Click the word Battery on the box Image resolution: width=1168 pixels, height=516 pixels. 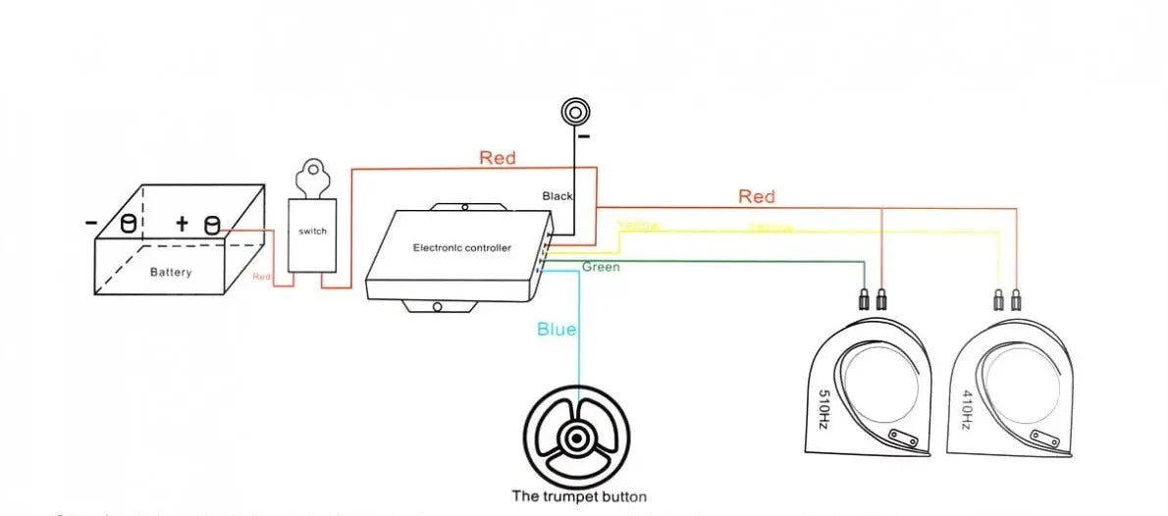tap(171, 272)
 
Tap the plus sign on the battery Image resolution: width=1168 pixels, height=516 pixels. tap(182, 224)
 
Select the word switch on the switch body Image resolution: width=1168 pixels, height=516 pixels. tap(311, 232)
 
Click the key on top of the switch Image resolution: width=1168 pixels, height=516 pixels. tap(312, 176)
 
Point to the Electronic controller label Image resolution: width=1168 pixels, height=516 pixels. tap(461, 248)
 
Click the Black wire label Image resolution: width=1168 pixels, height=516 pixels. tap(557, 196)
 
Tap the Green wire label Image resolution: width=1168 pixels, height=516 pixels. tap(601, 267)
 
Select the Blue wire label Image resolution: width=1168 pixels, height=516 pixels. tap(557, 330)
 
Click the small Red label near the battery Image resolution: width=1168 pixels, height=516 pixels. tap(261, 278)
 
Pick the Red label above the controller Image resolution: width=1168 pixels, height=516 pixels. tap(497, 157)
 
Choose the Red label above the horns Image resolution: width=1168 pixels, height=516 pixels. tap(756, 197)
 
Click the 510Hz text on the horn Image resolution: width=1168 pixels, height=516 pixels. tap(823, 410)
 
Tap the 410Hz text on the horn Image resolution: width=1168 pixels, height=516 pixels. tap(965, 410)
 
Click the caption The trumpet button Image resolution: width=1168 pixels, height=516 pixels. tap(579, 496)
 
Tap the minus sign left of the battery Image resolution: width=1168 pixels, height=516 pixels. tap(91, 224)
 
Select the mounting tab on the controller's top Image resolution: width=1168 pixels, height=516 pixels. tap(466, 207)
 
